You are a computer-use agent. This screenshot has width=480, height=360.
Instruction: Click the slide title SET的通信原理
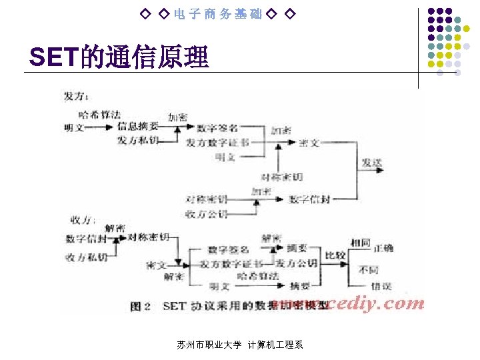119,58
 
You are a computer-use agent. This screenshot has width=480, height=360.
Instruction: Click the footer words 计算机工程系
275,345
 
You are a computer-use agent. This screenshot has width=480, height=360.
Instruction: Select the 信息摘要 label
137,126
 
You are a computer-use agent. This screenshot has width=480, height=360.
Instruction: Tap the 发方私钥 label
137,141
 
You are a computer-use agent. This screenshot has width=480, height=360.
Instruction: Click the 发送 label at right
372,162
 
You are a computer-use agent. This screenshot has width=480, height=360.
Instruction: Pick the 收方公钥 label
207,214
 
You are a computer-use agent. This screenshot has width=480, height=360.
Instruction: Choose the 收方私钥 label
86,257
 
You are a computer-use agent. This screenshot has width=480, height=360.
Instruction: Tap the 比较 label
335,255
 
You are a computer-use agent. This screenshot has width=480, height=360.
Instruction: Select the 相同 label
360,243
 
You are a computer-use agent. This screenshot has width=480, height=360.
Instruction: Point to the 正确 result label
383,248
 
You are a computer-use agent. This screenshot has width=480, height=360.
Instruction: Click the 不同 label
368,271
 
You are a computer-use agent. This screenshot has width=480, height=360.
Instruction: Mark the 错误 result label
381,286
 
